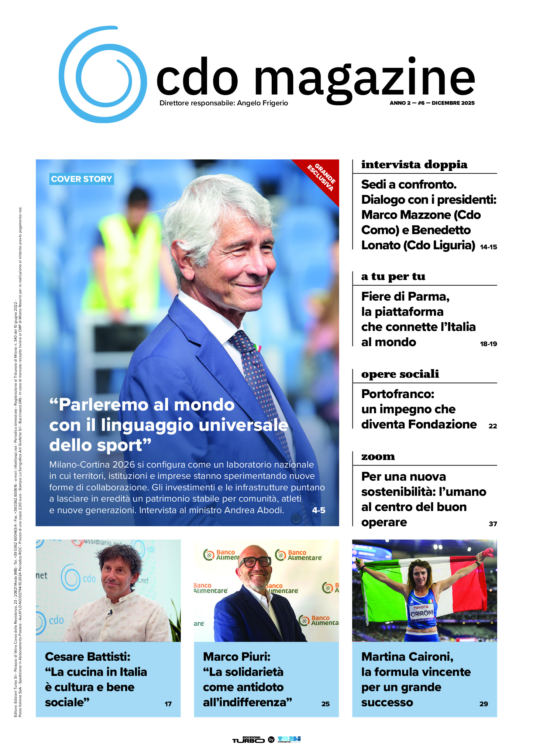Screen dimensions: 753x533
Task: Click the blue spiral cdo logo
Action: (x=103, y=75)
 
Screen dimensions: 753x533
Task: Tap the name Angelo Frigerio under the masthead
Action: (x=262, y=103)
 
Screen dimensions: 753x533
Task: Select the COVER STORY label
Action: (x=81, y=179)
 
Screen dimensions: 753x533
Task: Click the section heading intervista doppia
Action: (x=414, y=165)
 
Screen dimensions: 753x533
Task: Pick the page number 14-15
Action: (x=488, y=247)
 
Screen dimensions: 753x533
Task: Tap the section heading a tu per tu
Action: (x=393, y=277)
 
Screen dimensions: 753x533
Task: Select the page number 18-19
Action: (x=488, y=344)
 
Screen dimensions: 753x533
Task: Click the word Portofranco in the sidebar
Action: (x=397, y=394)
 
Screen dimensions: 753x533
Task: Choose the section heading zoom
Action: (x=378, y=457)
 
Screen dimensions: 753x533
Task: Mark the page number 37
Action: (x=493, y=524)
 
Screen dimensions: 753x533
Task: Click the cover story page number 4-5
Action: (x=319, y=510)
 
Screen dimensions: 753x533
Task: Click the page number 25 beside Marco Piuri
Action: (x=325, y=704)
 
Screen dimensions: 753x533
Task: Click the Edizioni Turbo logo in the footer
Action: (x=248, y=740)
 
